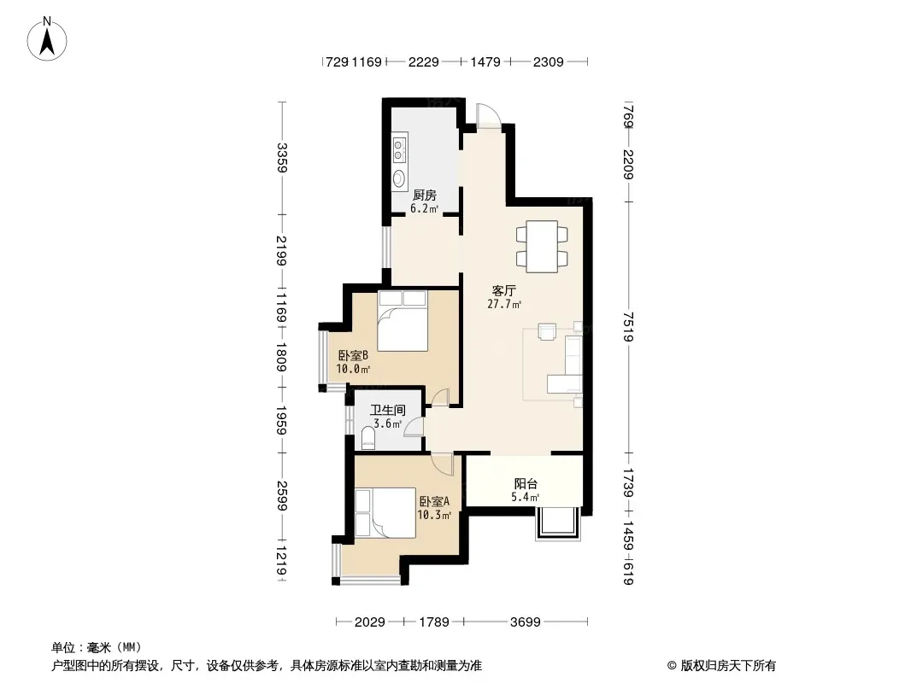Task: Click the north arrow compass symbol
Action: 47,39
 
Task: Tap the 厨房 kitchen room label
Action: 424,195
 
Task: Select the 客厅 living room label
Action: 503,291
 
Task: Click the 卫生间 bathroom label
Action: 387,411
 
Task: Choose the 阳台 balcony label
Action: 526,483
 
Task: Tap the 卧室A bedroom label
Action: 434,501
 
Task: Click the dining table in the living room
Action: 542,246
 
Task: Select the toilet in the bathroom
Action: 368,438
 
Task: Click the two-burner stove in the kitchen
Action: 399,149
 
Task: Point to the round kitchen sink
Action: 399,178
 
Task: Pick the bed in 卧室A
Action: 385,513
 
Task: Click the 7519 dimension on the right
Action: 628,327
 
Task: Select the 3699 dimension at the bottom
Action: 526,622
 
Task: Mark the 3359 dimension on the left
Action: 282,158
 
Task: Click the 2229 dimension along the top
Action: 424,61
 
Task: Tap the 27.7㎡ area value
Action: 503,304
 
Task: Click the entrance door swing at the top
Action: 487,115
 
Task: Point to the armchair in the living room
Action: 547,331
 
